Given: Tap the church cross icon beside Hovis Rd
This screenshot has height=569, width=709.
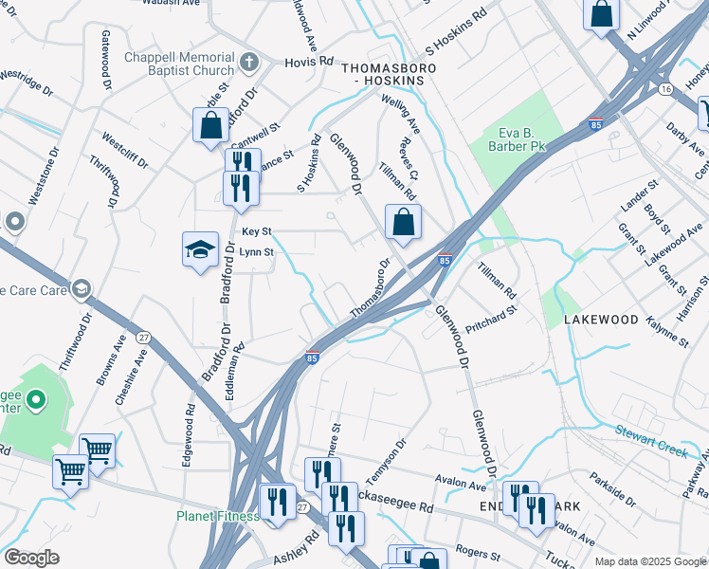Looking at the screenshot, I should point(249,63).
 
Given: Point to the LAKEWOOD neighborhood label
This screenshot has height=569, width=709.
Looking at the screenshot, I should point(601,321).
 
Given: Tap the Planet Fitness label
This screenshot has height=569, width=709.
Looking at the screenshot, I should point(216,516).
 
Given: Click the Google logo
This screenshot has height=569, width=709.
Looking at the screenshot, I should point(31,558).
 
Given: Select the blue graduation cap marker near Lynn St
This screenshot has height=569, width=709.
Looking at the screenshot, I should point(200,250).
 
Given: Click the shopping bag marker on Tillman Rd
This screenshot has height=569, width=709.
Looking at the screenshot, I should point(404,223).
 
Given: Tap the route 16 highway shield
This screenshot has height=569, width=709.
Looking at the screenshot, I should point(666,88).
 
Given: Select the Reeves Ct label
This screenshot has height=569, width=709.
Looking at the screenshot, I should point(409,154).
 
